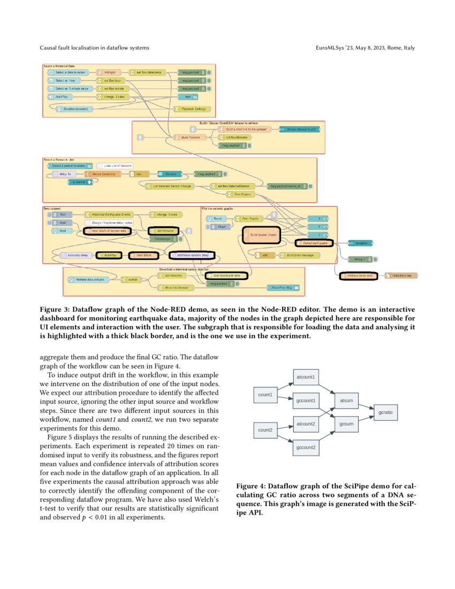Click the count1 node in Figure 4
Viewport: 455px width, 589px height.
(265, 395)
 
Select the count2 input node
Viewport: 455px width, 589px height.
(265, 429)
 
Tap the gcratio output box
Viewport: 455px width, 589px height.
(385, 412)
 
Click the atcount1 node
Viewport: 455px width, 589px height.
(305, 376)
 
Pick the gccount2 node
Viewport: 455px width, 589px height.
(305, 447)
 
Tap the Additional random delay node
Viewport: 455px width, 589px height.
(192, 255)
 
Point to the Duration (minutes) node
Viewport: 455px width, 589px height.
(75, 109)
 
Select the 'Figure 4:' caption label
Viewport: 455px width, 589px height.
(251, 486)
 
